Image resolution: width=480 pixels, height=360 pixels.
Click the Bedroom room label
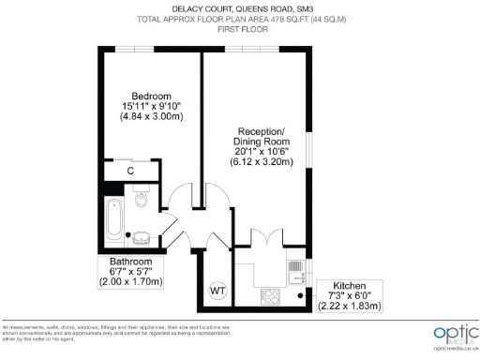tap(151, 97)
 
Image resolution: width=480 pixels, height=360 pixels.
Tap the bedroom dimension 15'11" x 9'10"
tap(151, 107)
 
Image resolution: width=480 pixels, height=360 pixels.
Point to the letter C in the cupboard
tap(131, 171)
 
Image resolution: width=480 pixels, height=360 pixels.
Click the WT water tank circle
tap(217, 290)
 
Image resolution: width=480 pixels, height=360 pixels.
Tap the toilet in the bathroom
tap(142, 199)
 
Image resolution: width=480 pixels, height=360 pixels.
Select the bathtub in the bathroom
tap(113, 218)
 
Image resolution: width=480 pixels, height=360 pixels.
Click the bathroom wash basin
tap(141, 236)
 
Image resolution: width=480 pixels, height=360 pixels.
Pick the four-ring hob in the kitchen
tap(271, 296)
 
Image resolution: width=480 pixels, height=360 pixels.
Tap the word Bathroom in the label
tap(130, 262)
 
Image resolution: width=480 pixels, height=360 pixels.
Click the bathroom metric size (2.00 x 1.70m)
tap(130, 281)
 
